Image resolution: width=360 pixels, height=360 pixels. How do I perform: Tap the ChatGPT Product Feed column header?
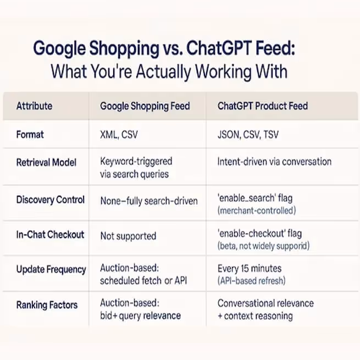pos(263,106)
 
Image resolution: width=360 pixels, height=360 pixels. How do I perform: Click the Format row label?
pos(30,134)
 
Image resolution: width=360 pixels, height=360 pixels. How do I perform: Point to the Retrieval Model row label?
pos(47,162)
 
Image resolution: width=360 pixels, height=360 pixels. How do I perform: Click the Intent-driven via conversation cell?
pos(274,162)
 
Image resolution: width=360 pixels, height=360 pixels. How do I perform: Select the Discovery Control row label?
pos(51,200)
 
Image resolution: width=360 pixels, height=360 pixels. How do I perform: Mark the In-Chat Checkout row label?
pos(50,235)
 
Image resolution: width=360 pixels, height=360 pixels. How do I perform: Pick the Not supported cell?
pos(128,236)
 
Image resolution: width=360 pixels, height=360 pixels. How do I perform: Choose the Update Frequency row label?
pos(51,270)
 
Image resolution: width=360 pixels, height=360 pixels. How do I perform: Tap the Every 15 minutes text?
pos(250,269)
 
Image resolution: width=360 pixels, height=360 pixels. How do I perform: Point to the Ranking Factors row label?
pos(47,305)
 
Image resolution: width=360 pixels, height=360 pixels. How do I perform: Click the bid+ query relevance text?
pos(140,316)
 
